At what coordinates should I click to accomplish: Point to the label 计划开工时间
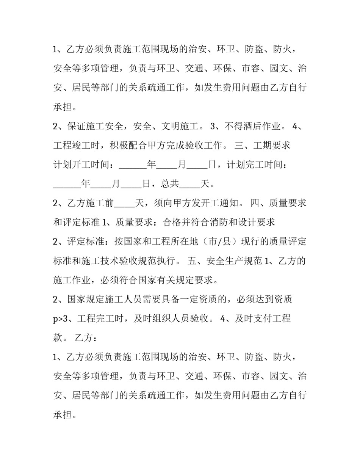[81, 165]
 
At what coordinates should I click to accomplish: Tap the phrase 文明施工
[180, 126]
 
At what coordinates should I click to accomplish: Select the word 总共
[170, 184]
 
